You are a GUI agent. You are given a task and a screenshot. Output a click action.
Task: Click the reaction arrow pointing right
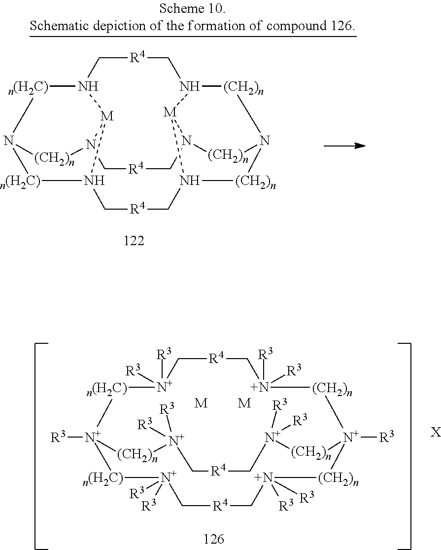coord(345,146)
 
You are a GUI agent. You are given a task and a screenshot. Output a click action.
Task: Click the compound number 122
coord(134,241)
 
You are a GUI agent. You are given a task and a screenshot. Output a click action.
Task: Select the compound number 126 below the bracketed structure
coord(214,539)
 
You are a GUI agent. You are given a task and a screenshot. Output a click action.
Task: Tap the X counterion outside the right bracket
coord(436,433)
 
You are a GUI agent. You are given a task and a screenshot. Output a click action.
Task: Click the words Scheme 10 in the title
coord(192,8)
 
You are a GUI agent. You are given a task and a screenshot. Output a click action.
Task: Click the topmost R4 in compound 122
coord(137,57)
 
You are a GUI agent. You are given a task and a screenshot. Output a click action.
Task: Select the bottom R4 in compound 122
coord(137,209)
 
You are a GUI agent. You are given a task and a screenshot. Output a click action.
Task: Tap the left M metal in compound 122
coord(107,116)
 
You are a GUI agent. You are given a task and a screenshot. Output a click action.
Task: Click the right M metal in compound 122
coord(170,112)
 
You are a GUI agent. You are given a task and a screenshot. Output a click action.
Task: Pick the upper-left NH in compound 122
coord(88,86)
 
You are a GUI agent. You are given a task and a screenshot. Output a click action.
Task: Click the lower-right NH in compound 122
coord(190,181)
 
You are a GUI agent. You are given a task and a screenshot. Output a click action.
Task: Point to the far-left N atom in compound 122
coord(9,141)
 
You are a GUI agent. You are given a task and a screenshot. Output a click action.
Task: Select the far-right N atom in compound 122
coord(265,141)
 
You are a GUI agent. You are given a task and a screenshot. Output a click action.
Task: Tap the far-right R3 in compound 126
coord(387,437)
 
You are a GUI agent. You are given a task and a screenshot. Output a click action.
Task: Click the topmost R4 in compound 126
coord(216,359)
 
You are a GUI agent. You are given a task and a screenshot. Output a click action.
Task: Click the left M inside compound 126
coord(201,403)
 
